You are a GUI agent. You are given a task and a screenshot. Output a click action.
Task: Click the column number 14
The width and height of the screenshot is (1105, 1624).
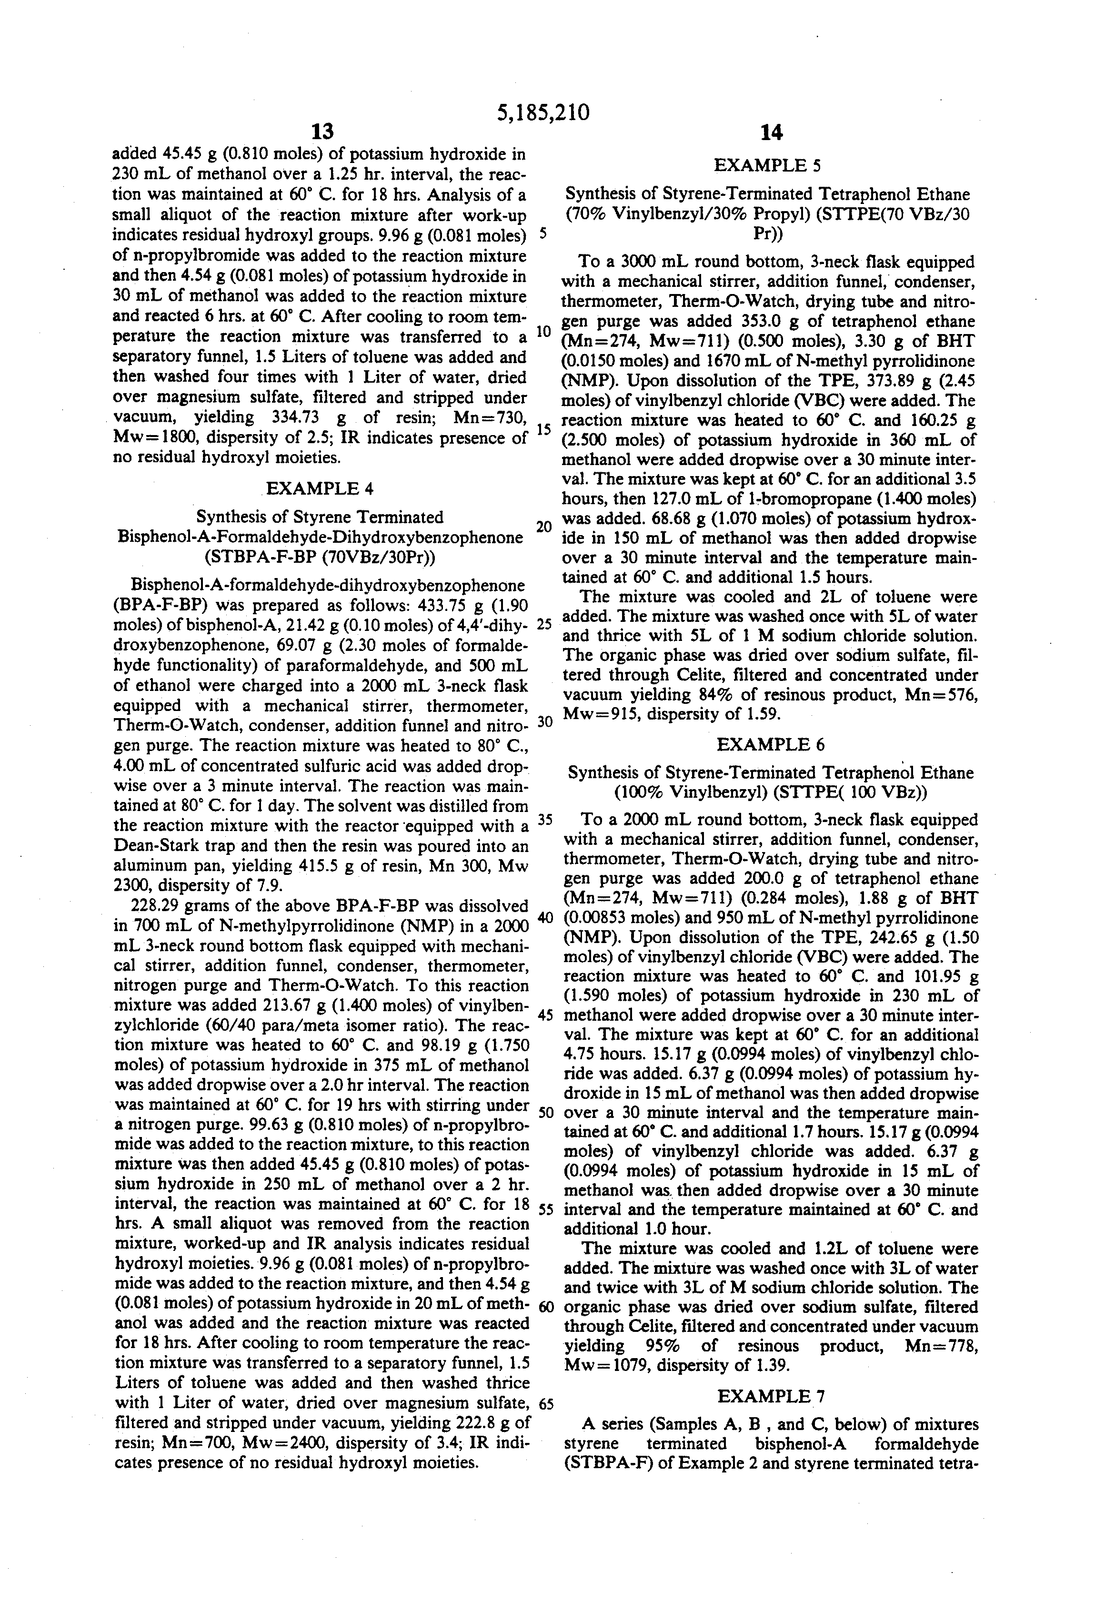[771, 132]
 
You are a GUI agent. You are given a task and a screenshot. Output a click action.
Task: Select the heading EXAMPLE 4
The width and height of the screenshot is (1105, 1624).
[320, 488]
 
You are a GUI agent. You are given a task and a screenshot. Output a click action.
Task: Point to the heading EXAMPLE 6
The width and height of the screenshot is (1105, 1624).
[771, 744]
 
